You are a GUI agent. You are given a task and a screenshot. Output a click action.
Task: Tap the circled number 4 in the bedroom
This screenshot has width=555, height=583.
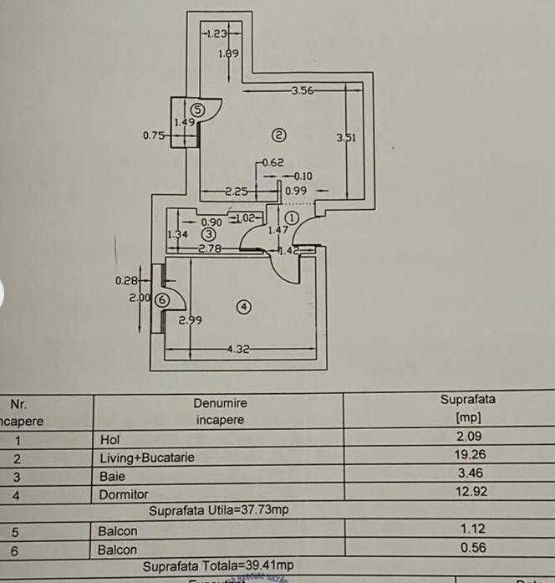click(243, 307)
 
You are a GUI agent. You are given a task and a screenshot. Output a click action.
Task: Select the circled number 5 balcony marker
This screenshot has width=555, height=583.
click(198, 110)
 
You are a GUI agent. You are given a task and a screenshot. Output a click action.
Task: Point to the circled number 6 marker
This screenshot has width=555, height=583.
click(162, 299)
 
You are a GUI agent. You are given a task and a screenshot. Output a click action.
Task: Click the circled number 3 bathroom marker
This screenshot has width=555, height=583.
click(209, 235)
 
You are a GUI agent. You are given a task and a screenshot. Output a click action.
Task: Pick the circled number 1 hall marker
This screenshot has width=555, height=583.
click(292, 217)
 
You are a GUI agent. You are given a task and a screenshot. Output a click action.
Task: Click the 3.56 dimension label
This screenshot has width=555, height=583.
click(301, 90)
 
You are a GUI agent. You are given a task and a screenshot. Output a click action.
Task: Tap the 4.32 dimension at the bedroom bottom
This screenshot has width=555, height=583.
click(239, 349)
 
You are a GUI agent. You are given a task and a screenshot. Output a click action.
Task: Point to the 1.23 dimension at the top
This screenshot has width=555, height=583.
click(216, 33)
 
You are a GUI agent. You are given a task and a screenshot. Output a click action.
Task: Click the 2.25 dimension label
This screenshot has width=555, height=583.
click(237, 192)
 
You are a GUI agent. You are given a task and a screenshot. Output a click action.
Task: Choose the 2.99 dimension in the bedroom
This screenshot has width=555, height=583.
click(189, 320)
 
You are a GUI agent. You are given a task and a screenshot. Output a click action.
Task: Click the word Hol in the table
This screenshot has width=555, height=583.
click(109, 438)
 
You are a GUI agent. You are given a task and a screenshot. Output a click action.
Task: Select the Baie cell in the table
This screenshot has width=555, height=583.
click(111, 476)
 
